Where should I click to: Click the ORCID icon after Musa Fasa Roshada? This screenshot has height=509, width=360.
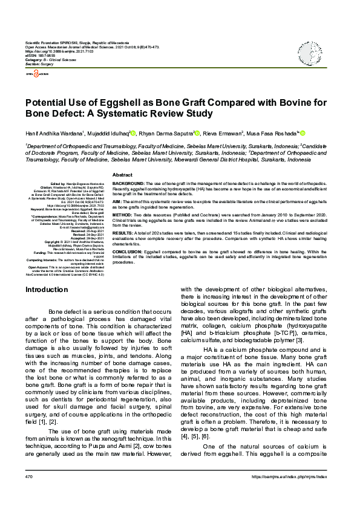click(303, 133)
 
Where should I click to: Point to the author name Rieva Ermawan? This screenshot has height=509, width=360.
click(223, 133)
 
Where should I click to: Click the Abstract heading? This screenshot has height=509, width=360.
click(123, 175)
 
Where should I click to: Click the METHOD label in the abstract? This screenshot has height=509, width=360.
click(122, 215)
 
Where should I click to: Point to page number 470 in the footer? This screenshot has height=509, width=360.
click(28, 494)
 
